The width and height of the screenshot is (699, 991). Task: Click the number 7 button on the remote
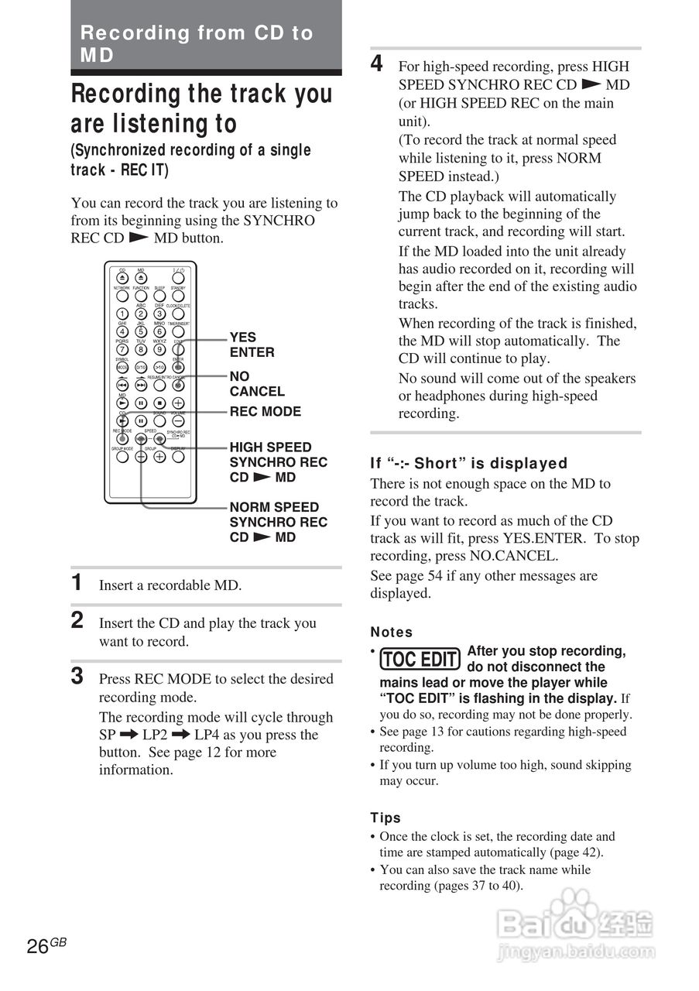pyautogui.click(x=122, y=349)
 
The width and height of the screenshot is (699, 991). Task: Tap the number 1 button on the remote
pyautogui.click(x=122, y=314)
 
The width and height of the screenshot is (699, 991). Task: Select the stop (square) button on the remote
pyautogui.click(x=159, y=403)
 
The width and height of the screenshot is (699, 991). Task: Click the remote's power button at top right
pyautogui.click(x=178, y=279)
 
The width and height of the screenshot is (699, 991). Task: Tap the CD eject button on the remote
pyautogui.click(x=122, y=279)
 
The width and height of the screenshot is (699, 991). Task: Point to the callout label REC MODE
pyautogui.click(x=265, y=412)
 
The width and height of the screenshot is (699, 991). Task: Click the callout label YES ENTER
pyautogui.click(x=252, y=345)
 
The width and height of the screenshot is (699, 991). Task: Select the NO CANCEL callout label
pyautogui.click(x=256, y=384)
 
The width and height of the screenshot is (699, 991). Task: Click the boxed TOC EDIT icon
pyautogui.click(x=420, y=660)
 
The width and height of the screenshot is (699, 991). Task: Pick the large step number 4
pyautogui.click(x=376, y=64)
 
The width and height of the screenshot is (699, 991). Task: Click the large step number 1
pyautogui.click(x=77, y=583)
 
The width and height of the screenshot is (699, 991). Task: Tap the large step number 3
pyautogui.click(x=77, y=677)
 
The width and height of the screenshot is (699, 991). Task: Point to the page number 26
pyautogui.click(x=38, y=946)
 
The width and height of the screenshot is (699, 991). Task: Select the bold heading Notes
pyautogui.click(x=392, y=633)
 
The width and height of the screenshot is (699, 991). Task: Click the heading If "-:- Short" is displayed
pyautogui.click(x=468, y=464)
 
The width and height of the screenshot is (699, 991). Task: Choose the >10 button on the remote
pyautogui.click(x=159, y=368)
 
